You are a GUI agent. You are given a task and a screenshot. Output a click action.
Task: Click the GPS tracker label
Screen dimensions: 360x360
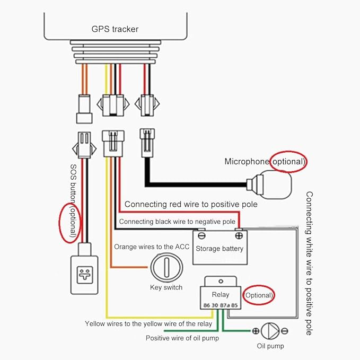(115, 29)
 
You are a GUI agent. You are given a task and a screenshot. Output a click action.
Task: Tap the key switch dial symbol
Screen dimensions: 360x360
(166, 267)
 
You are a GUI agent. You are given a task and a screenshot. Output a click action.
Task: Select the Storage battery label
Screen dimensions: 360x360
(219, 249)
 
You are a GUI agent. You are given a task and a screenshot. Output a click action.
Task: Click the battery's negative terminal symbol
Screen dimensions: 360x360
(201, 235)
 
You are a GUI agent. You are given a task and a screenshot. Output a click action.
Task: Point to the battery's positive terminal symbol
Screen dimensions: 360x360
(239, 235)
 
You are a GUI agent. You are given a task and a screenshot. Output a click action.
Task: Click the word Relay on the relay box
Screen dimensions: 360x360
(221, 295)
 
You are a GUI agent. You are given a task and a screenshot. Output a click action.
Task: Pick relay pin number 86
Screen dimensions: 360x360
(207, 305)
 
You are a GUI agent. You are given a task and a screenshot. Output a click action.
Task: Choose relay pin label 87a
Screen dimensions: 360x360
(225, 305)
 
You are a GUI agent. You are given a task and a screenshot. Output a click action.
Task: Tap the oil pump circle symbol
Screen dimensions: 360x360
(270, 331)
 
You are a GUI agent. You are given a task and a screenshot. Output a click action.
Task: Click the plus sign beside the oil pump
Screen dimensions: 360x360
(256, 331)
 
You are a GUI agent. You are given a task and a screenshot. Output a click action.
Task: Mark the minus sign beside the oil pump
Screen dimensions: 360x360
(285, 331)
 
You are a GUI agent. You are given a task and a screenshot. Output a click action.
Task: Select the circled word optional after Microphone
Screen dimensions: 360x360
(288, 162)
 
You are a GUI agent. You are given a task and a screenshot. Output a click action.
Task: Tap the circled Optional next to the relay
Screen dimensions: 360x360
(259, 295)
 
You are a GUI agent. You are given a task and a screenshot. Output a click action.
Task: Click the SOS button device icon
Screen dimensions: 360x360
(84, 275)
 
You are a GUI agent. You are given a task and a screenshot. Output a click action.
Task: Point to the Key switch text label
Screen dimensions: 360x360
(166, 287)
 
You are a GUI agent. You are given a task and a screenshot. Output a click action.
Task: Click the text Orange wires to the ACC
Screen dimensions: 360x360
(152, 247)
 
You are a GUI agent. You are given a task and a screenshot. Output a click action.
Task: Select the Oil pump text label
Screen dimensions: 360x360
(270, 346)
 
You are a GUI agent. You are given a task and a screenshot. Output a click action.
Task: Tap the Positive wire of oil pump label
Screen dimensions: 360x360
(182, 338)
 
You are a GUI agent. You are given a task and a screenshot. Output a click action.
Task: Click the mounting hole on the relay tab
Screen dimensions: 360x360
(221, 281)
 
